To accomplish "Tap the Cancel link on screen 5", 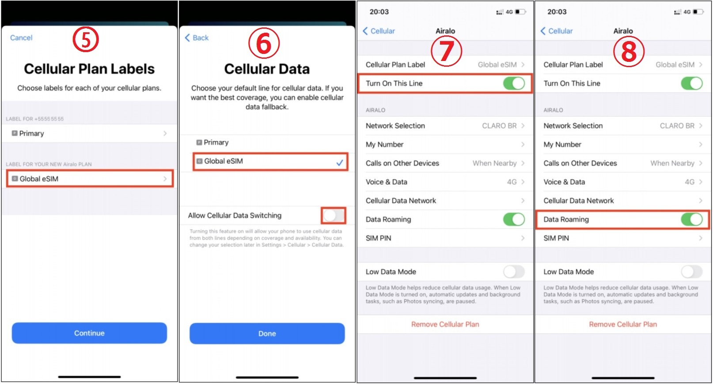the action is (21, 38).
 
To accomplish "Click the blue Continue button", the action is (89, 333).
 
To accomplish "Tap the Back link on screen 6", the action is (197, 38).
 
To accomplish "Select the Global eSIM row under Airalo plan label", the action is (90, 179).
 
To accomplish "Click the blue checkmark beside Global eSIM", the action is (340, 163).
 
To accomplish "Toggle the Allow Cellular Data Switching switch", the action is (333, 216).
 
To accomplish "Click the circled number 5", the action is (86, 39).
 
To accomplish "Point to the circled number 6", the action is (264, 43).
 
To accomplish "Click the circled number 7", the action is (446, 51).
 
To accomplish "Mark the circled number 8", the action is (629, 52).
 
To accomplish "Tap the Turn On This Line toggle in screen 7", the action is (514, 84).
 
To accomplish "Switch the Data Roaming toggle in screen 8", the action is (692, 219).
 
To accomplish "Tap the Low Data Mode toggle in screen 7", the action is (514, 272).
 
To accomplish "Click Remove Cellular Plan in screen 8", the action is (623, 324).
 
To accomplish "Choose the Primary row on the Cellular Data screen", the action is (267, 142).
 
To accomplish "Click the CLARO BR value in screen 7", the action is (499, 126).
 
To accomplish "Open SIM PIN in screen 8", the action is (623, 238).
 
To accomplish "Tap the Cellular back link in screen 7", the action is (379, 31).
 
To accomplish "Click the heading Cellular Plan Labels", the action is (89, 69).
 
